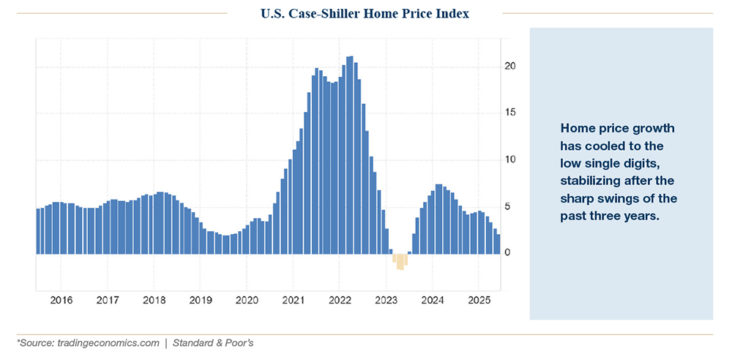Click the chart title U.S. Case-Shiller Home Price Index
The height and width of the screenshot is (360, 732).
pos(364,13)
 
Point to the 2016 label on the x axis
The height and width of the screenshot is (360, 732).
pos(61,300)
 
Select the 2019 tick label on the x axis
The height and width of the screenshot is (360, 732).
pos(200,300)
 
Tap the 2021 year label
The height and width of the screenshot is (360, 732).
pos(293,300)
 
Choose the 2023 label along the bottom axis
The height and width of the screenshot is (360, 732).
pos(386,300)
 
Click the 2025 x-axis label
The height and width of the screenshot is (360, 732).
pos(478,300)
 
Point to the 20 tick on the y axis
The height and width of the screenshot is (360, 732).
pos(509,67)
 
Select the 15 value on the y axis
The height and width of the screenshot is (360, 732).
pos(509,113)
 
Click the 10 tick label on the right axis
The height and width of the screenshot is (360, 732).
pos(509,160)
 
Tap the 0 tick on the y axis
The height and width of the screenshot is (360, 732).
pos(507,253)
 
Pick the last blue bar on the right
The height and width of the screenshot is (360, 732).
pos(498,244)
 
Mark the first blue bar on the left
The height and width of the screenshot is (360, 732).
pos(39,231)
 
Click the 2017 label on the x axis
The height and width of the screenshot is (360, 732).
pos(107,300)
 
